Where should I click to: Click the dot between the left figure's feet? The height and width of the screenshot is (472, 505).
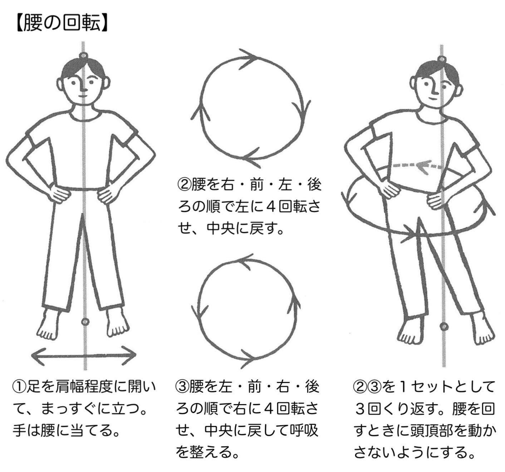pos(85,322)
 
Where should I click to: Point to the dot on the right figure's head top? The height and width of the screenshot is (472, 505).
pos(442,59)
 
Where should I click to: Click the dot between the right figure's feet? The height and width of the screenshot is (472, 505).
pos(444,326)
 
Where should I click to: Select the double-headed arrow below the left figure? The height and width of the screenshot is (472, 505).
pos(84,355)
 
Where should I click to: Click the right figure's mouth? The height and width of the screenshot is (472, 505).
pos(431,98)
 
